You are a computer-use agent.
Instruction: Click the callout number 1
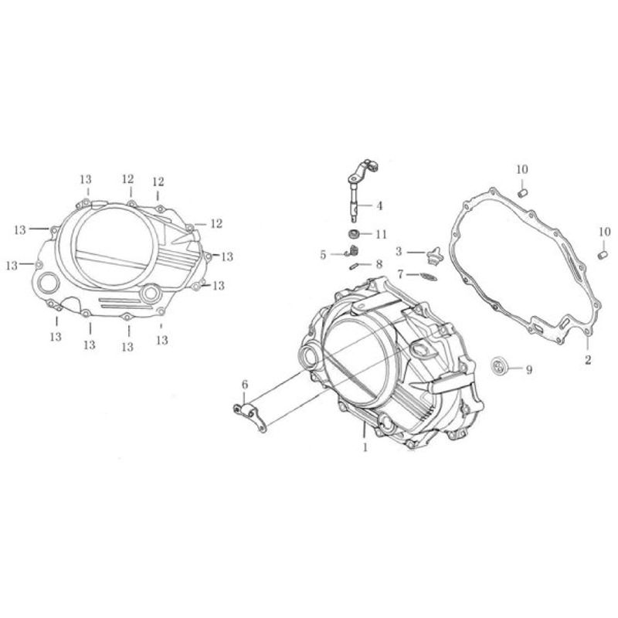365,448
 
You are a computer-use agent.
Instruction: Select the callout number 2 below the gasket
588,360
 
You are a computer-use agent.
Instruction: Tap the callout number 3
399,252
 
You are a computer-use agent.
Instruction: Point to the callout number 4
379,205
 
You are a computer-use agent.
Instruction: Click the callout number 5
323,256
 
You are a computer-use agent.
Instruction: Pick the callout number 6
245,384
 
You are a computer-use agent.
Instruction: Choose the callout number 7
400,273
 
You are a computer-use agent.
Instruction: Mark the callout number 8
379,264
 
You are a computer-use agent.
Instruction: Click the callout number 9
528,370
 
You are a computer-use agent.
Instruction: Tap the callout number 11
381,235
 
